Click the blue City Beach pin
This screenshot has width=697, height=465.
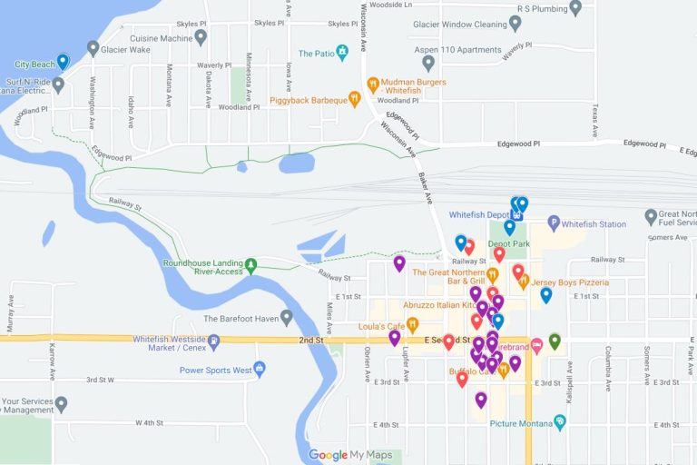[x=63, y=62]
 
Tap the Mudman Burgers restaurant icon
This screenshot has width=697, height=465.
[x=372, y=84]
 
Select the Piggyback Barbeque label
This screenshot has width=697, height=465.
[x=309, y=100]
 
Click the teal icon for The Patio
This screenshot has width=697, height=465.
[x=342, y=52]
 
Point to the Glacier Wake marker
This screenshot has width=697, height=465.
[x=93, y=47]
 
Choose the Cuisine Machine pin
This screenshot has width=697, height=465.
[x=201, y=37]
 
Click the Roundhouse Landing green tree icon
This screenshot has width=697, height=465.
[x=251, y=265]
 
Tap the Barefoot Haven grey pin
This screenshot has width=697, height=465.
[x=287, y=318]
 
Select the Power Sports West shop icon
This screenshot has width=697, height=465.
[x=260, y=369]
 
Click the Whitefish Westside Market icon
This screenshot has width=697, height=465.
[x=214, y=342]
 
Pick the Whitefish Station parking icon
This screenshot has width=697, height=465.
[x=554, y=223]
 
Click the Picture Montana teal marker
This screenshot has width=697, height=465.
[x=560, y=421]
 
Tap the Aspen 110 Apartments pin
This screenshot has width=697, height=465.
[x=428, y=63]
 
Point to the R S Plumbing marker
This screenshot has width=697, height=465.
[x=575, y=8]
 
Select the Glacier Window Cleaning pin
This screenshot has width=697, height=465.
[x=515, y=24]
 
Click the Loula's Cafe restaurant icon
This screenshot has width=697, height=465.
[x=412, y=324]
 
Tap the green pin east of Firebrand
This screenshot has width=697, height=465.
[x=555, y=341]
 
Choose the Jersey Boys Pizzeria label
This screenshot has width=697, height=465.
[x=570, y=282]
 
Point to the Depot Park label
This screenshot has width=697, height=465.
[x=508, y=243]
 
